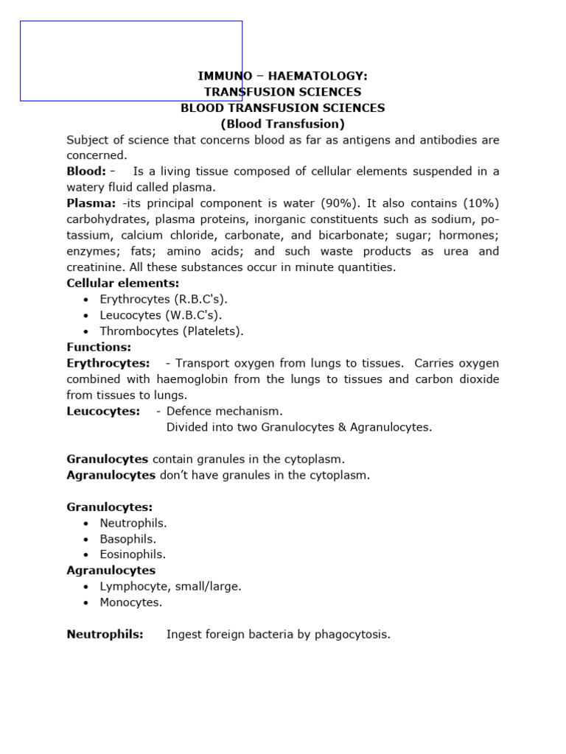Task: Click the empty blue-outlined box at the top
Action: [131, 60]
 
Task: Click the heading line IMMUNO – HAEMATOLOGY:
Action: [283, 76]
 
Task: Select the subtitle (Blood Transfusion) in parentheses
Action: [283, 124]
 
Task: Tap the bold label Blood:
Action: [86, 172]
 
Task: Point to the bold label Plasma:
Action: [91, 203]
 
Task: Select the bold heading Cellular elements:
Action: [123, 283]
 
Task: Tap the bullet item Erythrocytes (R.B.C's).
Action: [164, 299]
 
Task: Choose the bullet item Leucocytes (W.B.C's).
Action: [161, 315]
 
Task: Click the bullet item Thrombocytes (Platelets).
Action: [172, 331]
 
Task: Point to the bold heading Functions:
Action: [99, 347]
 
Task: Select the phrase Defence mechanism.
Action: [224, 411]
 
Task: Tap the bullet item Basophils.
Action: [128, 538]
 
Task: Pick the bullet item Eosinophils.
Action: [133, 554]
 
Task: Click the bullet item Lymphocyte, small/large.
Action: [170, 586]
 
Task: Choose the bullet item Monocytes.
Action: [131, 602]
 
